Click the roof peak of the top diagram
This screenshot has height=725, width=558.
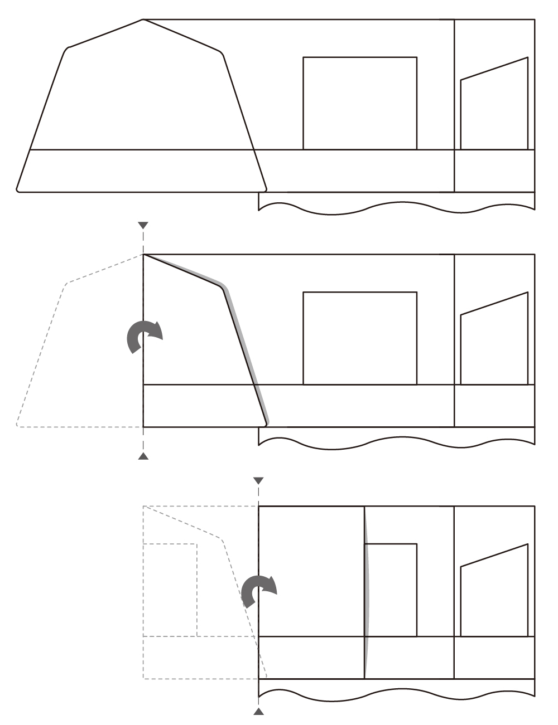pos(143,20)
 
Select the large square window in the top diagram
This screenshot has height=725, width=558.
pos(359,103)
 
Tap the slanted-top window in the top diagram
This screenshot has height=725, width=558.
pos(494,109)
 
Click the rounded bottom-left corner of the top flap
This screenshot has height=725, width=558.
pos(18,189)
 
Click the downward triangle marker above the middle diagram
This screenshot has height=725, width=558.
pos(143,225)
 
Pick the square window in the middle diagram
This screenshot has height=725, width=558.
pos(359,338)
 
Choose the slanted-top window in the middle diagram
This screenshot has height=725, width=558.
pos(494,344)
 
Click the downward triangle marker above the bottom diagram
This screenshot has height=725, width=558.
pos(258,480)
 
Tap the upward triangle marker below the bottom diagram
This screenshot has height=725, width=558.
pos(258,711)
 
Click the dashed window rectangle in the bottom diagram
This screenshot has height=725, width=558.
pos(170,590)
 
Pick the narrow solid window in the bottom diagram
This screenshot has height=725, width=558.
pos(392,590)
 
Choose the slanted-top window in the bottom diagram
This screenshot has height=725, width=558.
pos(494,595)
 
